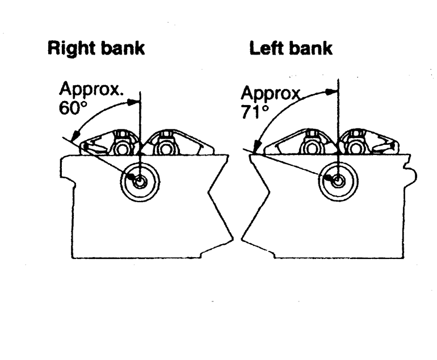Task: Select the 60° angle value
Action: [71, 107]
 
